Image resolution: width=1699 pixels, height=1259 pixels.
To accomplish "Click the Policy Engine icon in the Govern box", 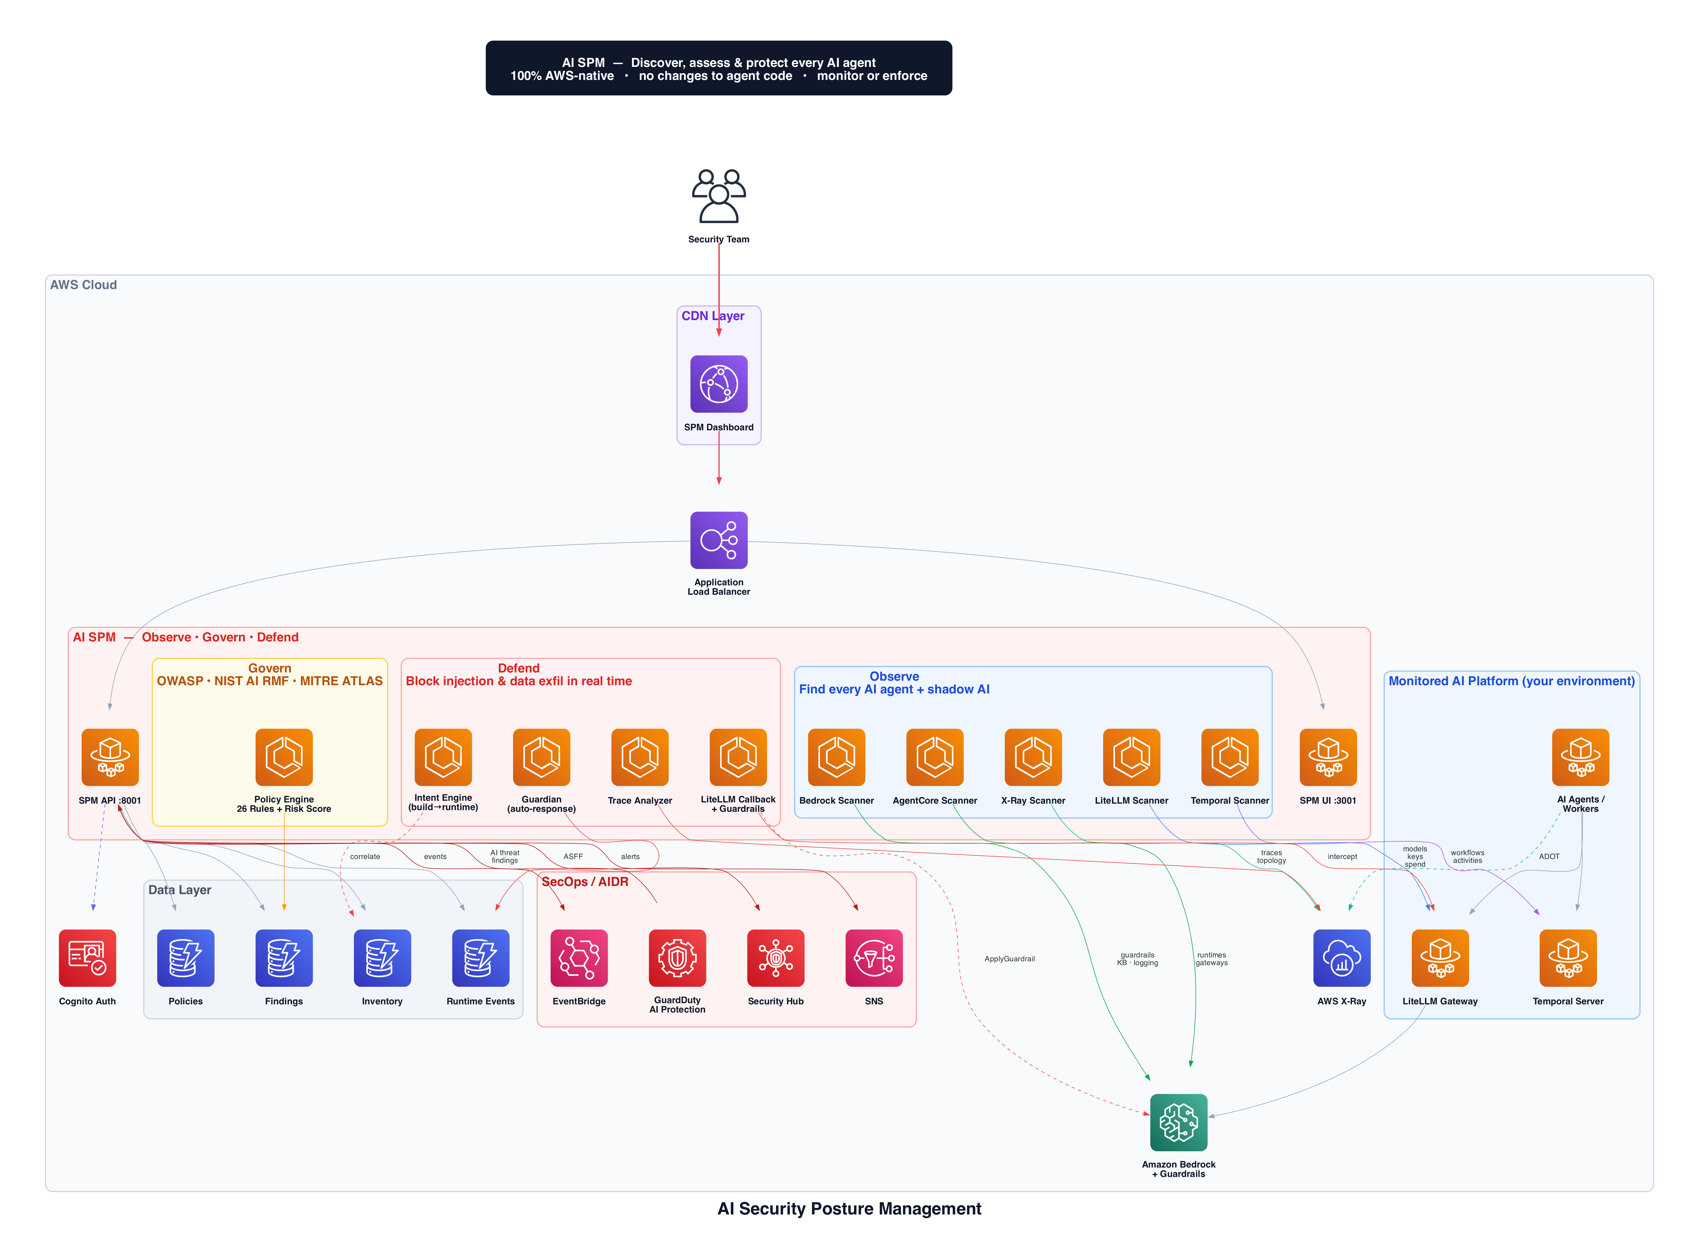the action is click(284, 757).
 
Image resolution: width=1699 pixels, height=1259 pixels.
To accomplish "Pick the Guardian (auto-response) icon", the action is click(541, 757).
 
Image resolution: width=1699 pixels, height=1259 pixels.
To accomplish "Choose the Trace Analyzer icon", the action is click(639, 757).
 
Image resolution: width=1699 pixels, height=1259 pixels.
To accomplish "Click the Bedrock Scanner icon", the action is click(836, 757).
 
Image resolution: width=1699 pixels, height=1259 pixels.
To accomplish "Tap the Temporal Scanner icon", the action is click(1230, 757).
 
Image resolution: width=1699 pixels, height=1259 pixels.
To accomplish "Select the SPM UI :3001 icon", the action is click(1328, 757).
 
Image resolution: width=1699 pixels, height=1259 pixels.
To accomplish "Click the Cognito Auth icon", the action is click(87, 958).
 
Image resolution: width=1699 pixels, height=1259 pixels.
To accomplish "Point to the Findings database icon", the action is click(284, 958).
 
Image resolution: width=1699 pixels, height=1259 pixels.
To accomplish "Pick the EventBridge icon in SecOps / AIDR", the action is click(579, 958).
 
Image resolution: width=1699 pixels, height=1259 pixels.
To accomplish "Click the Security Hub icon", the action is click(775, 958).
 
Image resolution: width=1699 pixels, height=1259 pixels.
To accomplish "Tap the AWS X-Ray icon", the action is click(1341, 958).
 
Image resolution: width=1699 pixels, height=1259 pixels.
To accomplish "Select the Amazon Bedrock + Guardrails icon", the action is click(1178, 1122).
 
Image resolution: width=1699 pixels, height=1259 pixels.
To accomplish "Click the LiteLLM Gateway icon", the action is click(1440, 958).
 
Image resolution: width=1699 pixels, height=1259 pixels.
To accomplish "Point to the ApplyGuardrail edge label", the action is click(1009, 959).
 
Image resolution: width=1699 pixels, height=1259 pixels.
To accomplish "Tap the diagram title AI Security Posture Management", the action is click(849, 1209).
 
